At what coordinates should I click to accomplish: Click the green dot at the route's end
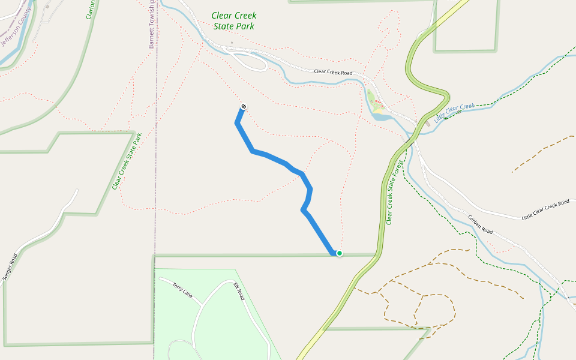coord(339,253)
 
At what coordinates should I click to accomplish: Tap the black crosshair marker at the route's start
coord(243,107)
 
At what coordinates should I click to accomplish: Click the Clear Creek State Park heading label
coord(234,21)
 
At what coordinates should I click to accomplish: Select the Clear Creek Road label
coord(333,72)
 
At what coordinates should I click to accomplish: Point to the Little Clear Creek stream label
coord(454,112)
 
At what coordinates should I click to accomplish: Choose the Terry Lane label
coord(182,290)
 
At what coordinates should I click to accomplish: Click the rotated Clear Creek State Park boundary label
coord(127,161)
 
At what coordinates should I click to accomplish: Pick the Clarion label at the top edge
coord(91,10)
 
